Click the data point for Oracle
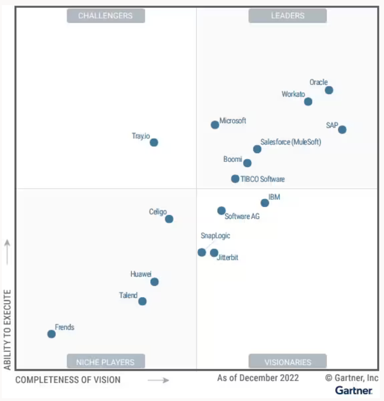pos(329,90)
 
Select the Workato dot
pos(308,102)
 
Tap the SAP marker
pos(342,130)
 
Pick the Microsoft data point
pos(215,125)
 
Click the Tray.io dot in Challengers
pos(154,142)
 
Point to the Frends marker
pos(51,334)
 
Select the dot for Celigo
pos(169,219)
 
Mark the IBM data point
pos(264,203)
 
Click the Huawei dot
pos(154,282)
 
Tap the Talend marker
pos(142,302)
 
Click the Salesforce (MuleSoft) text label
pos(290,142)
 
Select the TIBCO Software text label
pos(262,179)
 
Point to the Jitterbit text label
pos(227,258)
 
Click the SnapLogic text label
pos(215,236)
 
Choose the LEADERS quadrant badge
pos(287,16)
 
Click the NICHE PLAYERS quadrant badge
pos(105,362)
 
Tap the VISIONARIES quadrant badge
pos(287,362)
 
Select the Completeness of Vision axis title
pos(68,380)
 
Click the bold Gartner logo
pos(354,391)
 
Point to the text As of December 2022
pos(258,378)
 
